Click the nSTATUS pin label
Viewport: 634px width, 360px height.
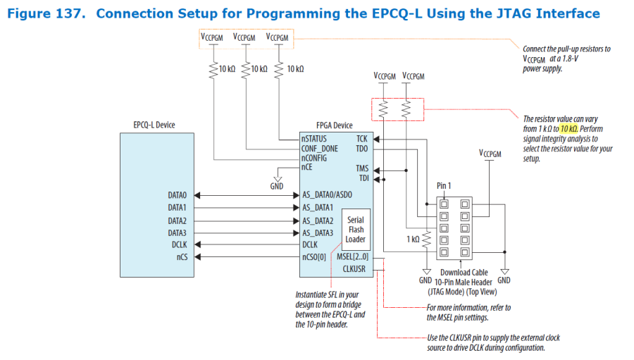(x=314, y=139)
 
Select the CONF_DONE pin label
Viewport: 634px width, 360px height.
(x=319, y=149)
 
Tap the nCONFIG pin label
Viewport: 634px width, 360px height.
(x=316, y=159)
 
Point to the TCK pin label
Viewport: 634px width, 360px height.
(x=362, y=139)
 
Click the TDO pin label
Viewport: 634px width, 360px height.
(x=362, y=149)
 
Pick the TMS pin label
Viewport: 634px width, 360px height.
(x=362, y=168)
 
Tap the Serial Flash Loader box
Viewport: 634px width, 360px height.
(x=355, y=229)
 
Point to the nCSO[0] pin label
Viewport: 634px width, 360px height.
(x=314, y=257)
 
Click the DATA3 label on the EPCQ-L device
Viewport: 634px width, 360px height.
(x=177, y=232)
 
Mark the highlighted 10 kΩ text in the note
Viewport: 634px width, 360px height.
(x=569, y=129)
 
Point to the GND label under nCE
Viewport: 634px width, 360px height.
(x=277, y=187)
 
